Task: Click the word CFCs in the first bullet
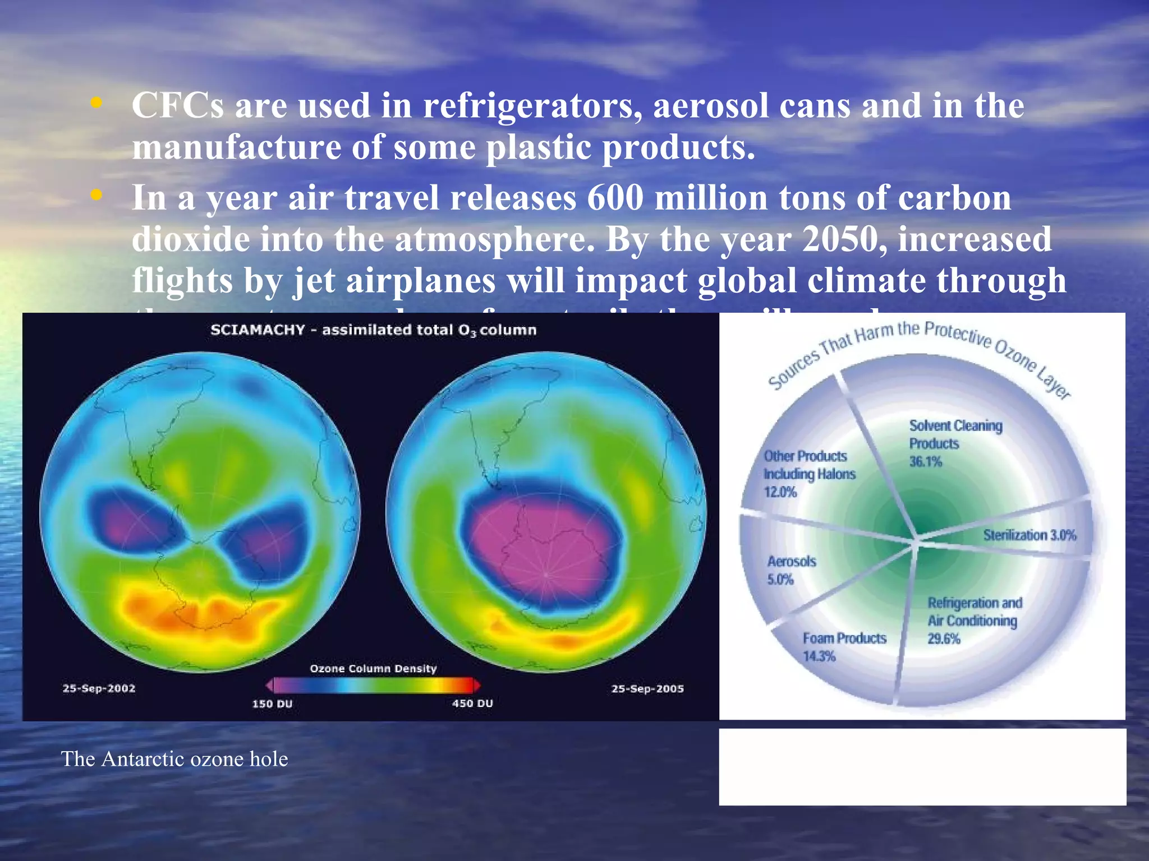(x=177, y=105)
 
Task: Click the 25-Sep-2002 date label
(x=99, y=688)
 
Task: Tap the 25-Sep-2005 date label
(x=647, y=689)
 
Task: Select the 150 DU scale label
(x=272, y=703)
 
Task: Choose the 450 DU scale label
(x=472, y=703)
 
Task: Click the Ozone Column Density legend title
(x=373, y=668)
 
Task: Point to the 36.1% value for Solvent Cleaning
(x=925, y=462)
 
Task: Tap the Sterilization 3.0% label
(x=1029, y=535)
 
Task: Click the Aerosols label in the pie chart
(x=792, y=562)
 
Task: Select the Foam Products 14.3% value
(x=819, y=656)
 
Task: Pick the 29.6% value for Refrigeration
(x=944, y=639)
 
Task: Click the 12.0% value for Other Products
(x=780, y=492)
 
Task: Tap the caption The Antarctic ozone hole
(x=174, y=759)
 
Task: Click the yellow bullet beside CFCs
(x=97, y=103)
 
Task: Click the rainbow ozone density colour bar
(x=373, y=686)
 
